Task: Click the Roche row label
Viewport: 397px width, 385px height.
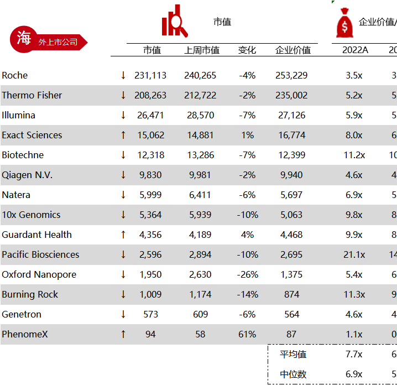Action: click(15, 75)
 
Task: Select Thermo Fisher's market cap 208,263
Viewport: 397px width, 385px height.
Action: click(150, 95)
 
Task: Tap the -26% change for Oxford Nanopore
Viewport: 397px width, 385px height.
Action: click(247, 274)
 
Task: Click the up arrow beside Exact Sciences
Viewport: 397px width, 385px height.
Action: click(123, 135)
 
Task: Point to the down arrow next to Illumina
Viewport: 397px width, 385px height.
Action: click(123, 115)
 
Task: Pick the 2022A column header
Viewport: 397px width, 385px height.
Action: click(355, 50)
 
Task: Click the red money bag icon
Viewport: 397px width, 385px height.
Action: click(344, 23)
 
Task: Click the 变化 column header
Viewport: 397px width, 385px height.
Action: click(247, 50)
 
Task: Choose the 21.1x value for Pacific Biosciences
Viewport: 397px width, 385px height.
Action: click(354, 254)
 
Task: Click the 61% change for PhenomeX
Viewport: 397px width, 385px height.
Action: click(247, 334)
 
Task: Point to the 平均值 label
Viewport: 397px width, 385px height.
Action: click(293, 354)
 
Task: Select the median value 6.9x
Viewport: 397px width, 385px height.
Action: click(354, 374)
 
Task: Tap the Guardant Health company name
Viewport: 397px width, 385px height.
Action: click(37, 235)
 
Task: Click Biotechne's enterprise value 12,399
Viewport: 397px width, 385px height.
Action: click(291, 155)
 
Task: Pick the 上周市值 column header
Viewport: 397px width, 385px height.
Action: click(202, 50)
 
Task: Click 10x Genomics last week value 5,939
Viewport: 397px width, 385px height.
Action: click(200, 215)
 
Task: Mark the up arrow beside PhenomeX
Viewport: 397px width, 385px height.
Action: click(123, 334)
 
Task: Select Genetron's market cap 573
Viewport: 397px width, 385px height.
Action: click(150, 314)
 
